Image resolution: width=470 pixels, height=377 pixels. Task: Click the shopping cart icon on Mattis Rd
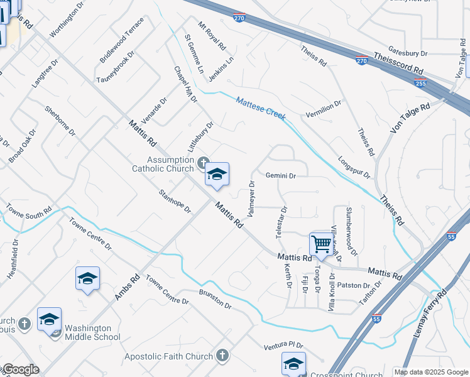point(321,244)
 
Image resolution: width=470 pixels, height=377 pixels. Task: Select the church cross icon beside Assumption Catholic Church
point(202,163)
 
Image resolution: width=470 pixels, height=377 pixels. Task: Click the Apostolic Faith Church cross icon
point(221,356)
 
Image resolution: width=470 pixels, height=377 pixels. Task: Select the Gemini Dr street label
point(281,176)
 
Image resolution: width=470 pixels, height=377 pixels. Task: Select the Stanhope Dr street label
point(175,200)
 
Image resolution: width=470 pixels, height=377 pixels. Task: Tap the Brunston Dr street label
point(216,299)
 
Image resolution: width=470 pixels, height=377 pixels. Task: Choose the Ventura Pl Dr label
point(283,346)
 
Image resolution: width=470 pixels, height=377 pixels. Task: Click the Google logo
point(20,369)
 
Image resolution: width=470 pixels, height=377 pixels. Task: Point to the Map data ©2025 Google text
point(431,372)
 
